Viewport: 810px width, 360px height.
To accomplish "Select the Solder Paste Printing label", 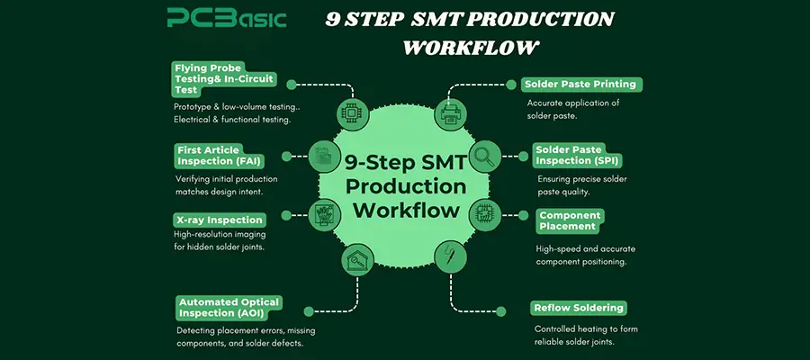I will (x=581, y=84).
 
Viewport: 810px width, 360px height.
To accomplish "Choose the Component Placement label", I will (x=571, y=220).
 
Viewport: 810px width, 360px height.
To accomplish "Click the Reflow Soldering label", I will (x=578, y=308).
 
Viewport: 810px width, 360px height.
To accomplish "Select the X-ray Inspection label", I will (x=219, y=220).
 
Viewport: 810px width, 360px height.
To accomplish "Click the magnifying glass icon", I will (x=483, y=156).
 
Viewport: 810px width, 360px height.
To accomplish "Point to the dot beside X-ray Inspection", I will (x=286, y=215).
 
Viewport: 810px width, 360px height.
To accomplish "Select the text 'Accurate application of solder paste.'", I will (x=572, y=109).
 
